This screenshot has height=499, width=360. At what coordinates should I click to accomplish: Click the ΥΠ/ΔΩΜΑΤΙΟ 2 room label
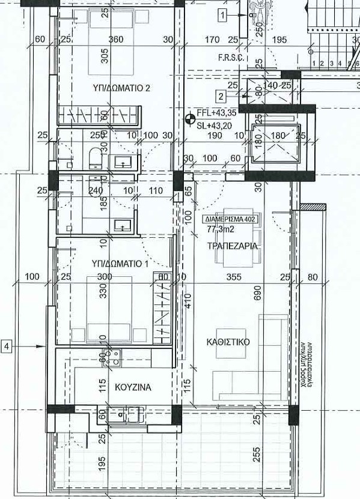click(x=121, y=88)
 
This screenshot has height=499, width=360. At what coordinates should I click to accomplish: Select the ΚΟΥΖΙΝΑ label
click(x=132, y=387)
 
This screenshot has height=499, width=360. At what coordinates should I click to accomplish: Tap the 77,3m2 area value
click(x=221, y=229)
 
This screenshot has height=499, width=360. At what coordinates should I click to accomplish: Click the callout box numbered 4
click(x=7, y=346)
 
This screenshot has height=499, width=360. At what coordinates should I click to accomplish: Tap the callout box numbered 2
click(x=221, y=95)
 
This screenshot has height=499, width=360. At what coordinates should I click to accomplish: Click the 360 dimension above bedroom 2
click(x=115, y=40)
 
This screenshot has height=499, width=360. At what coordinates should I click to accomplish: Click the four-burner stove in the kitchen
click(x=111, y=358)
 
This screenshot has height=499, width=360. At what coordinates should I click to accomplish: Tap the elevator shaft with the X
click(x=276, y=145)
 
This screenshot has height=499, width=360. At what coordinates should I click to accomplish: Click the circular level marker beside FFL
click(x=191, y=118)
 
